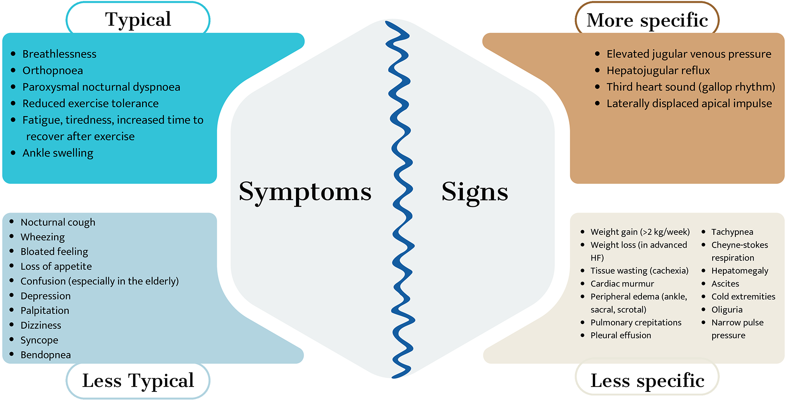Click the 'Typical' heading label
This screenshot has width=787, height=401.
138,19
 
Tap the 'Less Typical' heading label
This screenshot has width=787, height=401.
138,380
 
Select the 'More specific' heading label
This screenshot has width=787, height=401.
647,20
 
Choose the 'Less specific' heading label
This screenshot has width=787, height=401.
647,380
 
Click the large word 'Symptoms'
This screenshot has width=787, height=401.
305,192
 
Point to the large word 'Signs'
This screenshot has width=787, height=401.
475,192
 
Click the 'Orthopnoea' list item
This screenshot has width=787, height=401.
52,71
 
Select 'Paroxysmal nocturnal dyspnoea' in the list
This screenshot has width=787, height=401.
101,87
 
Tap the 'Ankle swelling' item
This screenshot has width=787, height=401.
58,153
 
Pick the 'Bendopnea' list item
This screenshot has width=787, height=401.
45,355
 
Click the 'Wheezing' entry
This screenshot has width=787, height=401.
43,237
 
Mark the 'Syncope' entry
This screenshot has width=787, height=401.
39,340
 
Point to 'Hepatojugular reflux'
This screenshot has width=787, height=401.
658,71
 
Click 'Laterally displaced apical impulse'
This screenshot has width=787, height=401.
689,104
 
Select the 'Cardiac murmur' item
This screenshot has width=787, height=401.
622,284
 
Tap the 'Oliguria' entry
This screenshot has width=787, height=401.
727,310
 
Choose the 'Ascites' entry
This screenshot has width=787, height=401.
725,284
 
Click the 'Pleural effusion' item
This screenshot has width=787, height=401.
620,336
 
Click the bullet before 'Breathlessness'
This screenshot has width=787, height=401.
13,54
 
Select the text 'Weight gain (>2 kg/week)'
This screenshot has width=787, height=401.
640,232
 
